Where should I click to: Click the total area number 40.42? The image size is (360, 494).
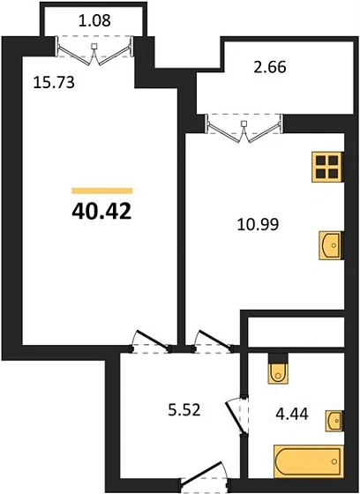click(101, 212)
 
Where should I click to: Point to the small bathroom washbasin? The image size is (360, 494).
click(334, 420)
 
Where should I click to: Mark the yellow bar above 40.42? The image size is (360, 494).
click(101, 190)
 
